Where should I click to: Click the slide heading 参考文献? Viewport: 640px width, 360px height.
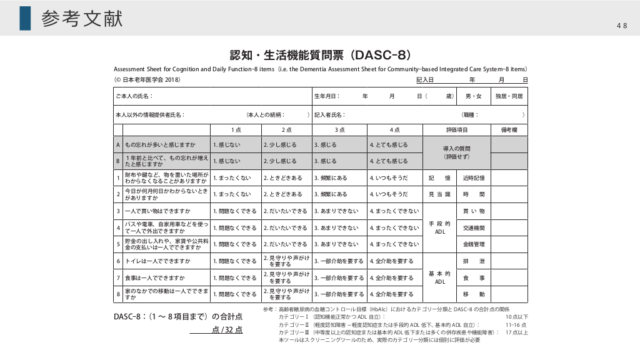82,19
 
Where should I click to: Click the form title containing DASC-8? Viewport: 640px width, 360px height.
320,55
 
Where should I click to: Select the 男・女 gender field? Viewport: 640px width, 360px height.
474,97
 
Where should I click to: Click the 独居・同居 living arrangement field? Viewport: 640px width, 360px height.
509,97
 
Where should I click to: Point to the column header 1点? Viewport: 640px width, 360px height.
236,130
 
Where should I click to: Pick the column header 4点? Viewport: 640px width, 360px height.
394,130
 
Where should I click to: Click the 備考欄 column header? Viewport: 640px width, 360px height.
509,130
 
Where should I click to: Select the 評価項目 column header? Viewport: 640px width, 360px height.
457,130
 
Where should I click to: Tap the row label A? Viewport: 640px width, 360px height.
118,144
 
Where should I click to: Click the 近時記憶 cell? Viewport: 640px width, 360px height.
474,178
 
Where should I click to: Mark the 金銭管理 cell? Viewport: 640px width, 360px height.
474,244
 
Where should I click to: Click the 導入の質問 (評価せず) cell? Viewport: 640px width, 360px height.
457,153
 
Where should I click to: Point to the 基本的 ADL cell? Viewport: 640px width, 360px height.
440,277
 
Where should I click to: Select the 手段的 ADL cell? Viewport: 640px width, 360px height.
440,227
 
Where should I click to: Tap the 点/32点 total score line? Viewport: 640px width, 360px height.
216,330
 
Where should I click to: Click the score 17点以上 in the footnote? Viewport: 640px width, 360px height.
517,332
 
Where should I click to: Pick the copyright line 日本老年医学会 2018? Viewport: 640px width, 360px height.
147,80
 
